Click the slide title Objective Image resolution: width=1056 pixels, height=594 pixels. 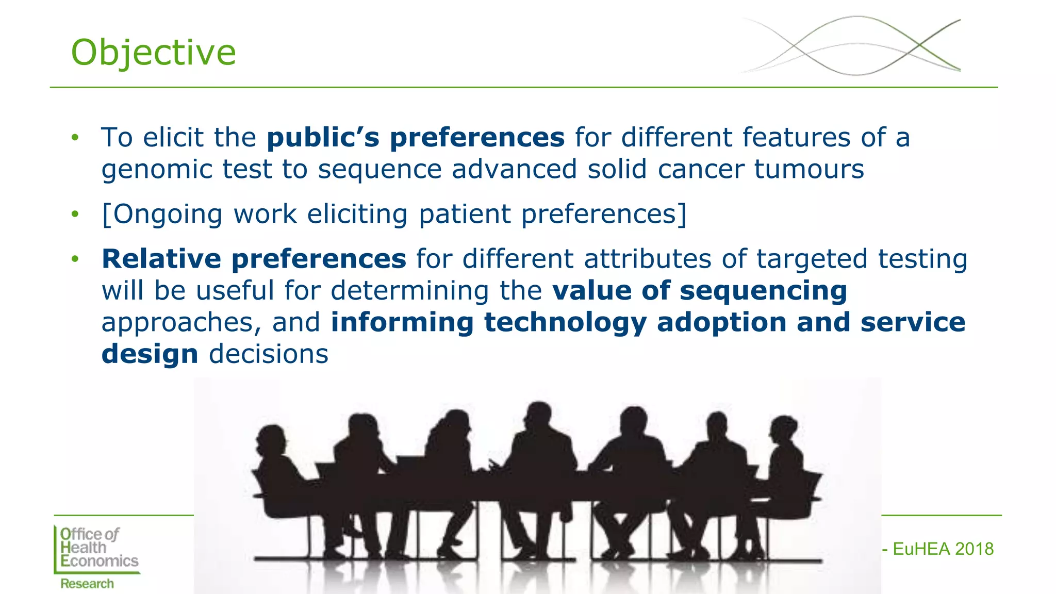(x=153, y=53)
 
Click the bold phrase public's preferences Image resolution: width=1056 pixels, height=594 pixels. (x=416, y=138)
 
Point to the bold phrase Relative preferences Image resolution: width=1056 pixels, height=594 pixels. (x=254, y=259)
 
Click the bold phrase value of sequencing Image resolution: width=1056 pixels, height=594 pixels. (x=699, y=291)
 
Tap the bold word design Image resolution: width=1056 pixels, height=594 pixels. (x=150, y=354)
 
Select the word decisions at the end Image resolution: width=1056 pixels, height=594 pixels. (x=268, y=354)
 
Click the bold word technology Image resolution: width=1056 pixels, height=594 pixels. (x=565, y=323)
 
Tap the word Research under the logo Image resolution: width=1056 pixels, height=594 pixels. (x=87, y=584)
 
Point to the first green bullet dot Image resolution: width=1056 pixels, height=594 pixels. (x=75, y=138)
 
